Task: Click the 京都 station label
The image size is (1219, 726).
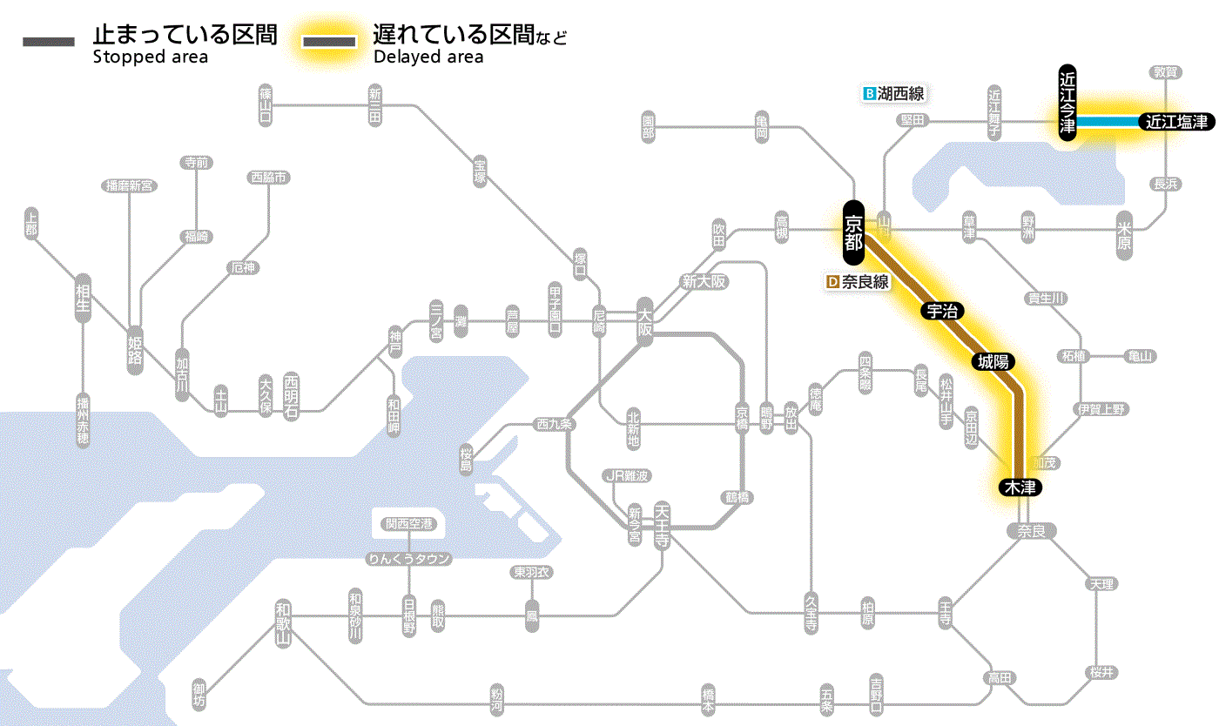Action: [853, 232]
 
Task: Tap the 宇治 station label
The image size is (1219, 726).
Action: [937, 312]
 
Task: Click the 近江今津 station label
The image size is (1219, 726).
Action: [1067, 102]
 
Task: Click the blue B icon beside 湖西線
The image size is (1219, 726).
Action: [868, 93]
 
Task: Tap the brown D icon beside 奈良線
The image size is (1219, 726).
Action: [832, 282]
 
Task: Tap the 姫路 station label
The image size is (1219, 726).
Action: [135, 348]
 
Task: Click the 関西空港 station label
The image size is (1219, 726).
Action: [409, 524]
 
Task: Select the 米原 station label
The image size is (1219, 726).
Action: [1125, 235]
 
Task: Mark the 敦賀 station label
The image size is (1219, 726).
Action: [1166, 72]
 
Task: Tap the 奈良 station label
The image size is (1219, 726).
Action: [1031, 531]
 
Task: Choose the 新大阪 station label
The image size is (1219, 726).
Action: [704, 282]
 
